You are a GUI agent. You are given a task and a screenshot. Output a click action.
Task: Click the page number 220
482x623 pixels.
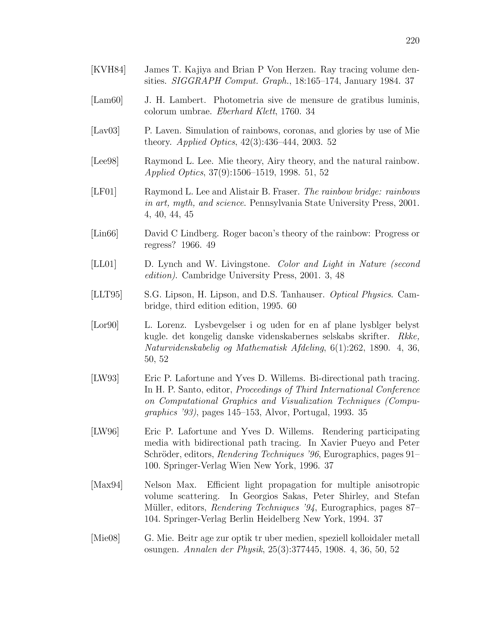click(412, 41)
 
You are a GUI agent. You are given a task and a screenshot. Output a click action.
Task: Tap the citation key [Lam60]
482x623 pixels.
click(107, 100)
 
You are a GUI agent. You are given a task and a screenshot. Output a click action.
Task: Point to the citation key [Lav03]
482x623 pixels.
click(105, 131)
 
